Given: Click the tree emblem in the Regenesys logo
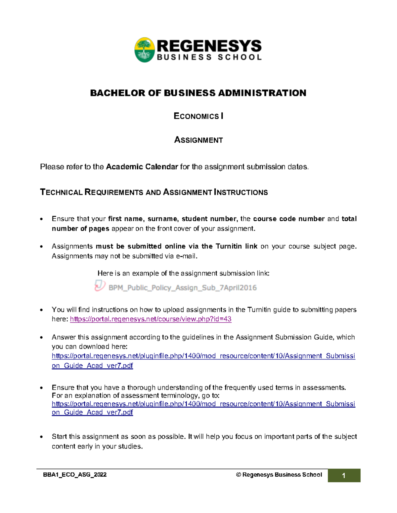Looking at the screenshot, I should pyautogui.click(x=145, y=50).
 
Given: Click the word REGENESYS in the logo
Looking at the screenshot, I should pyautogui.click(x=209, y=46).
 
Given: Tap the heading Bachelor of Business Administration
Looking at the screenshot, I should pyautogui.click(x=198, y=93).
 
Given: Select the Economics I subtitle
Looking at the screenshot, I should pyautogui.click(x=198, y=116).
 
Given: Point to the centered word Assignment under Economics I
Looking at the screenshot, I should pyautogui.click(x=198, y=140).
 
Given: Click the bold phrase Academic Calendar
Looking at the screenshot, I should pyautogui.click(x=142, y=167).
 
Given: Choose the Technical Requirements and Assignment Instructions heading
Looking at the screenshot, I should pyautogui.click(x=154, y=192).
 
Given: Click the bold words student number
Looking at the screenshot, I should pyautogui.click(x=209, y=219).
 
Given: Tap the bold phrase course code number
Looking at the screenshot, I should pyautogui.click(x=288, y=219).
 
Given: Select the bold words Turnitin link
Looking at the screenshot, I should pyautogui.click(x=236, y=246).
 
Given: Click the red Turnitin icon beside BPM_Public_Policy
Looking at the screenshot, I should pyautogui.click(x=100, y=286).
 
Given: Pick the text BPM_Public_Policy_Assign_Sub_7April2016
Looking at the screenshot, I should pyautogui.click(x=183, y=288).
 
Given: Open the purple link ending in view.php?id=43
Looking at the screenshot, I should pyautogui.click(x=151, y=319).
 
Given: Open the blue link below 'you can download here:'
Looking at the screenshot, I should pyautogui.click(x=203, y=356).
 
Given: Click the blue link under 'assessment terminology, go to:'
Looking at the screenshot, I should pyautogui.click(x=203, y=404).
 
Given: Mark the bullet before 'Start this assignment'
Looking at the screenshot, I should pyautogui.click(x=41, y=437).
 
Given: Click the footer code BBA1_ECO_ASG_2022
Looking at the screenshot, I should pyautogui.click(x=75, y=475).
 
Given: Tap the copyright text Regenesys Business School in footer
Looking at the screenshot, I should pyautogui.click(x=279, y=475).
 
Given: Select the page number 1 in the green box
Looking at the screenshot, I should pyautogui.click(x=344, y=476).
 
